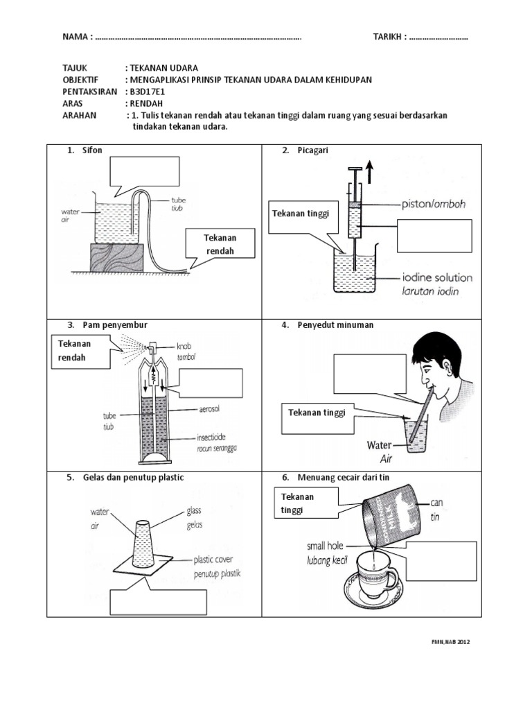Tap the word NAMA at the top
click(76, 37)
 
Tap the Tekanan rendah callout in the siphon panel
click(220, 244)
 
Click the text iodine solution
click(437, 277)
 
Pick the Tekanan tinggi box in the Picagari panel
click(304, 214)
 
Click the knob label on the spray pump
click(184, 346)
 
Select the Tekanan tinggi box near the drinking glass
click(316, 413)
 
